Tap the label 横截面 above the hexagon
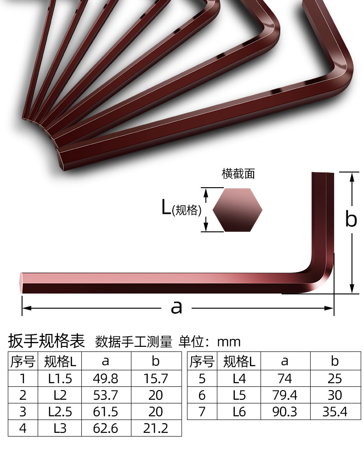point(238,174)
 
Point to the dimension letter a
point(176,307)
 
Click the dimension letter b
point(351,220)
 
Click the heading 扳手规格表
point(47,341)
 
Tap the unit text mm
point(229,342)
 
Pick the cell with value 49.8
point(106,379)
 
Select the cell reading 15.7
point(156,379)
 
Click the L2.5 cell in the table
point(60,411)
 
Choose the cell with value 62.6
point(106,428)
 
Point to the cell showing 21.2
point(156,428)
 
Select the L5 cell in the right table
point(239,395)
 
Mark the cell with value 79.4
point(285,395)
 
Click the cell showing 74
point(285,379)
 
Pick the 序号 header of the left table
point(23,362)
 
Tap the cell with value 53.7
point(106,395)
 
